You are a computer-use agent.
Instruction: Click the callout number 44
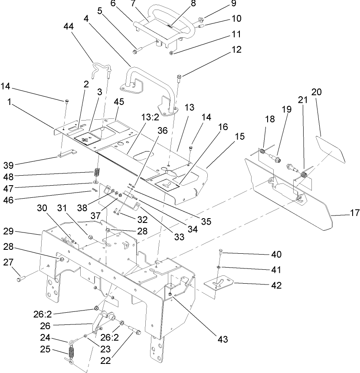tap(69, 26)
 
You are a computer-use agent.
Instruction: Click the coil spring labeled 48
tap(98, 172)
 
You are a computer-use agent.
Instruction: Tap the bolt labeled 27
tap(21, 279)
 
